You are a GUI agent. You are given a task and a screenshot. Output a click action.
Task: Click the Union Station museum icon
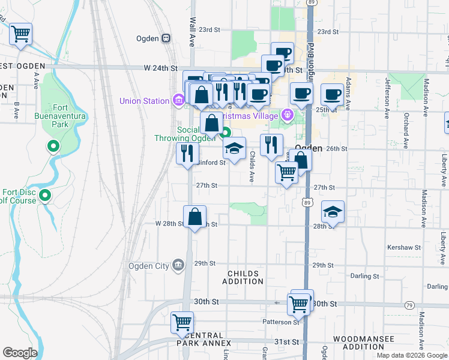(x=178, y=100)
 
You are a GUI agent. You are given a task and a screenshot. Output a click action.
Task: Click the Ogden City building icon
(x=178, y=265)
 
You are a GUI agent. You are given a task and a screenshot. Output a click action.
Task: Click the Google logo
(x=20, y=353)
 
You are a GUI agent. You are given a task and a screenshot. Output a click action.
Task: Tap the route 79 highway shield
(x=409, y=305)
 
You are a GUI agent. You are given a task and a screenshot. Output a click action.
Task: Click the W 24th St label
(x=161, y=69)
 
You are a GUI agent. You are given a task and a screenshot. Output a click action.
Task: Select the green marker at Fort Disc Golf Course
(x=45, y=195)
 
